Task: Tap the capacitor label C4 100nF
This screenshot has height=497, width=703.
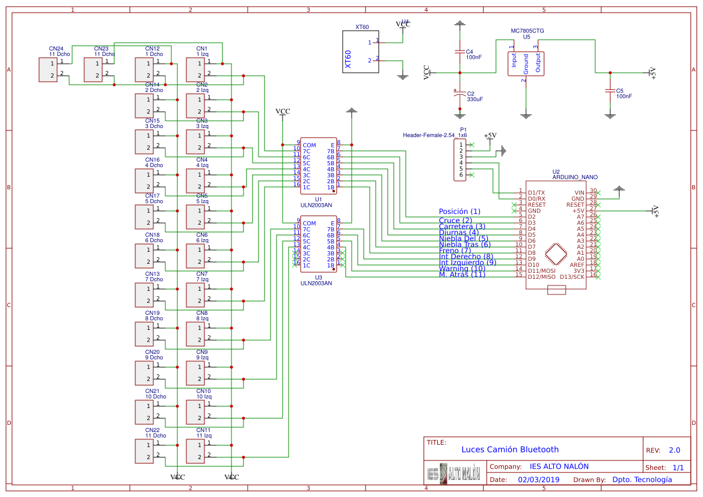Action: click(474, 55)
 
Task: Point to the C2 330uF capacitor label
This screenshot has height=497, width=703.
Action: click(474, 96)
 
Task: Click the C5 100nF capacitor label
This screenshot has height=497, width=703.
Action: click(624, 93)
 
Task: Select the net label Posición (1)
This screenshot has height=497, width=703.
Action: click(459, 212)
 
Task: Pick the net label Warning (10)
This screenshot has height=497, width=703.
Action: click(461, 269)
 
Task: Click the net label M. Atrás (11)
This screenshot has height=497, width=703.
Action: click(461, 275)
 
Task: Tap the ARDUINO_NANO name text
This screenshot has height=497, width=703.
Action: click(575, 177)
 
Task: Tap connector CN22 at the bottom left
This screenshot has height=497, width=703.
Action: click(144, 451)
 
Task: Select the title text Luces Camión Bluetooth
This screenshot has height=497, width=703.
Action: click(509, 450)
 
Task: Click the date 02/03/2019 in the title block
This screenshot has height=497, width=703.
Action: click(538, 480)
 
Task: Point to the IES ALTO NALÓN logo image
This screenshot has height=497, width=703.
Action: click(454, 474)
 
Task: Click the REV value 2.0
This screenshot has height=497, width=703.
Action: click(674, 450)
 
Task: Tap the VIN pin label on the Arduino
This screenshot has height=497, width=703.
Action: click(578, 192)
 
